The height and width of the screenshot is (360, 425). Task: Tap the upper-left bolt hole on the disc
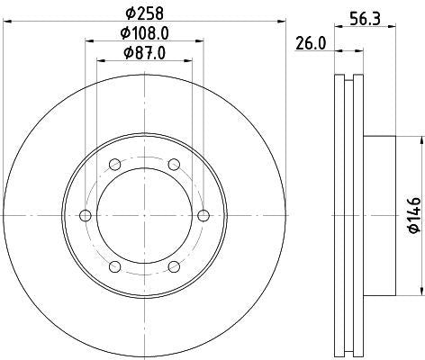[115, 164]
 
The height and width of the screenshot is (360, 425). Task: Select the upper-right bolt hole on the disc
[173, 164]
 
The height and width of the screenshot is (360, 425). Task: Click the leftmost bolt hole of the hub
[86, 215]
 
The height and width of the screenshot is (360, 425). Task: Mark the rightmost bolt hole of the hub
[203, 215]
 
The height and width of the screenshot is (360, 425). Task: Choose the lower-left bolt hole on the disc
[115, 266]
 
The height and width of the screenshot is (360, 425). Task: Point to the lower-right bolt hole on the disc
[173, 266]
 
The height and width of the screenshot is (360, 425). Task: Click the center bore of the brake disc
[144, 215]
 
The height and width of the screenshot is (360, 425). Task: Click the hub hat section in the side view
[378, 215]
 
